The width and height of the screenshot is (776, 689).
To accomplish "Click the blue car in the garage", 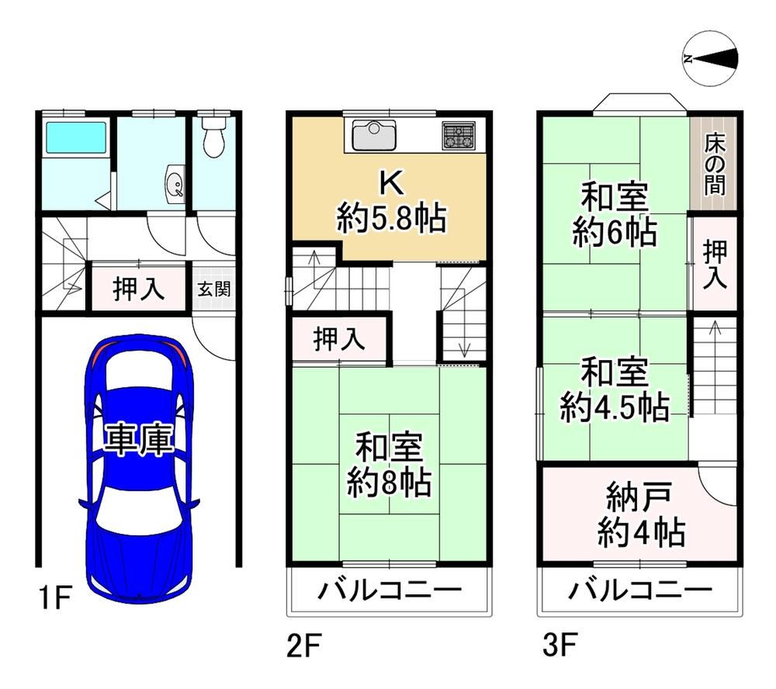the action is [x=139, y=468].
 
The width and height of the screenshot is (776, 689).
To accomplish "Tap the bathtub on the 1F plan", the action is [x=76, y=137].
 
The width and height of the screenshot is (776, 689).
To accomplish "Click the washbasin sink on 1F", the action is [x=175, y=185].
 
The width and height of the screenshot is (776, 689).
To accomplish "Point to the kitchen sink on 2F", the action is [x=374, y=135].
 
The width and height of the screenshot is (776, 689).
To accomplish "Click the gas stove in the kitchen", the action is [x=459, y=136].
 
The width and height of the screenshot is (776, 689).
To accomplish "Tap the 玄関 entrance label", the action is [x=214, y=289].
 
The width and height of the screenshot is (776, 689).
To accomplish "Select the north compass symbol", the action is [x=710, y=59].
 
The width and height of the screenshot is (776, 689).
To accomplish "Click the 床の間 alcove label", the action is [x=715, y=164].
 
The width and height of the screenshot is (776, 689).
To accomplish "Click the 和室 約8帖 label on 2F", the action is [x=389, y=466].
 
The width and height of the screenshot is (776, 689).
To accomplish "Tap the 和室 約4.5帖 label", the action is [x=615, y=390].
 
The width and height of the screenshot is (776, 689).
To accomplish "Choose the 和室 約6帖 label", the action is [x=615, y=214].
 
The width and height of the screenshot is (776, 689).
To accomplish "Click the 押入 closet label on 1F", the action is [x=139, y=289].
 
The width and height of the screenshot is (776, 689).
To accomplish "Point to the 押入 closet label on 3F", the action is [x=715, y=264].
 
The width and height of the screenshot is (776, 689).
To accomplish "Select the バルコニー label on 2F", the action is [x=390, y=590].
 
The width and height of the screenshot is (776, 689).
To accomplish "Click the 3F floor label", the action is [x=559, y=645].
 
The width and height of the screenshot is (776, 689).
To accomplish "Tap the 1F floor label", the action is [x=55, y=597].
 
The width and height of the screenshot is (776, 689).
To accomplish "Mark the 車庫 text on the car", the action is [x=139, y=439].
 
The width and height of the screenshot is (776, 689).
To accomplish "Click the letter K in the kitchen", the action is [x=391, y=182].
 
